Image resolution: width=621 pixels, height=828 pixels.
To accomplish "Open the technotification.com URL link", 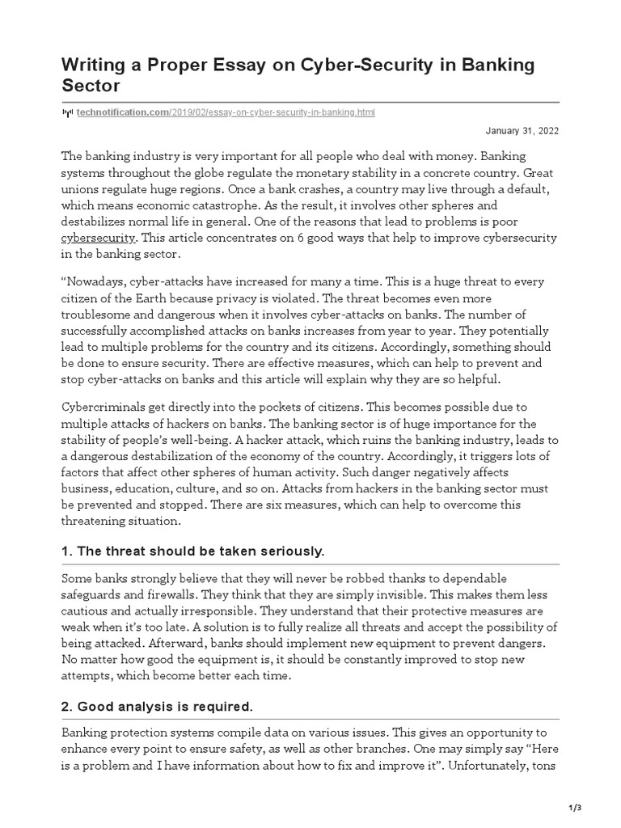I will [x=226, y=112].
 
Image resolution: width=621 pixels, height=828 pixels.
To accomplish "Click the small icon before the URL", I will [x=68, y=113].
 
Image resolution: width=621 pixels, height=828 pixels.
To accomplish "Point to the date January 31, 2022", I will [x=522, y=131].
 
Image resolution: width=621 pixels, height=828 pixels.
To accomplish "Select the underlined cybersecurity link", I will [x=99, y=238].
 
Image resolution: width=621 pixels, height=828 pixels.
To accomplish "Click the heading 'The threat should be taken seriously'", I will [x=192, y=551].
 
